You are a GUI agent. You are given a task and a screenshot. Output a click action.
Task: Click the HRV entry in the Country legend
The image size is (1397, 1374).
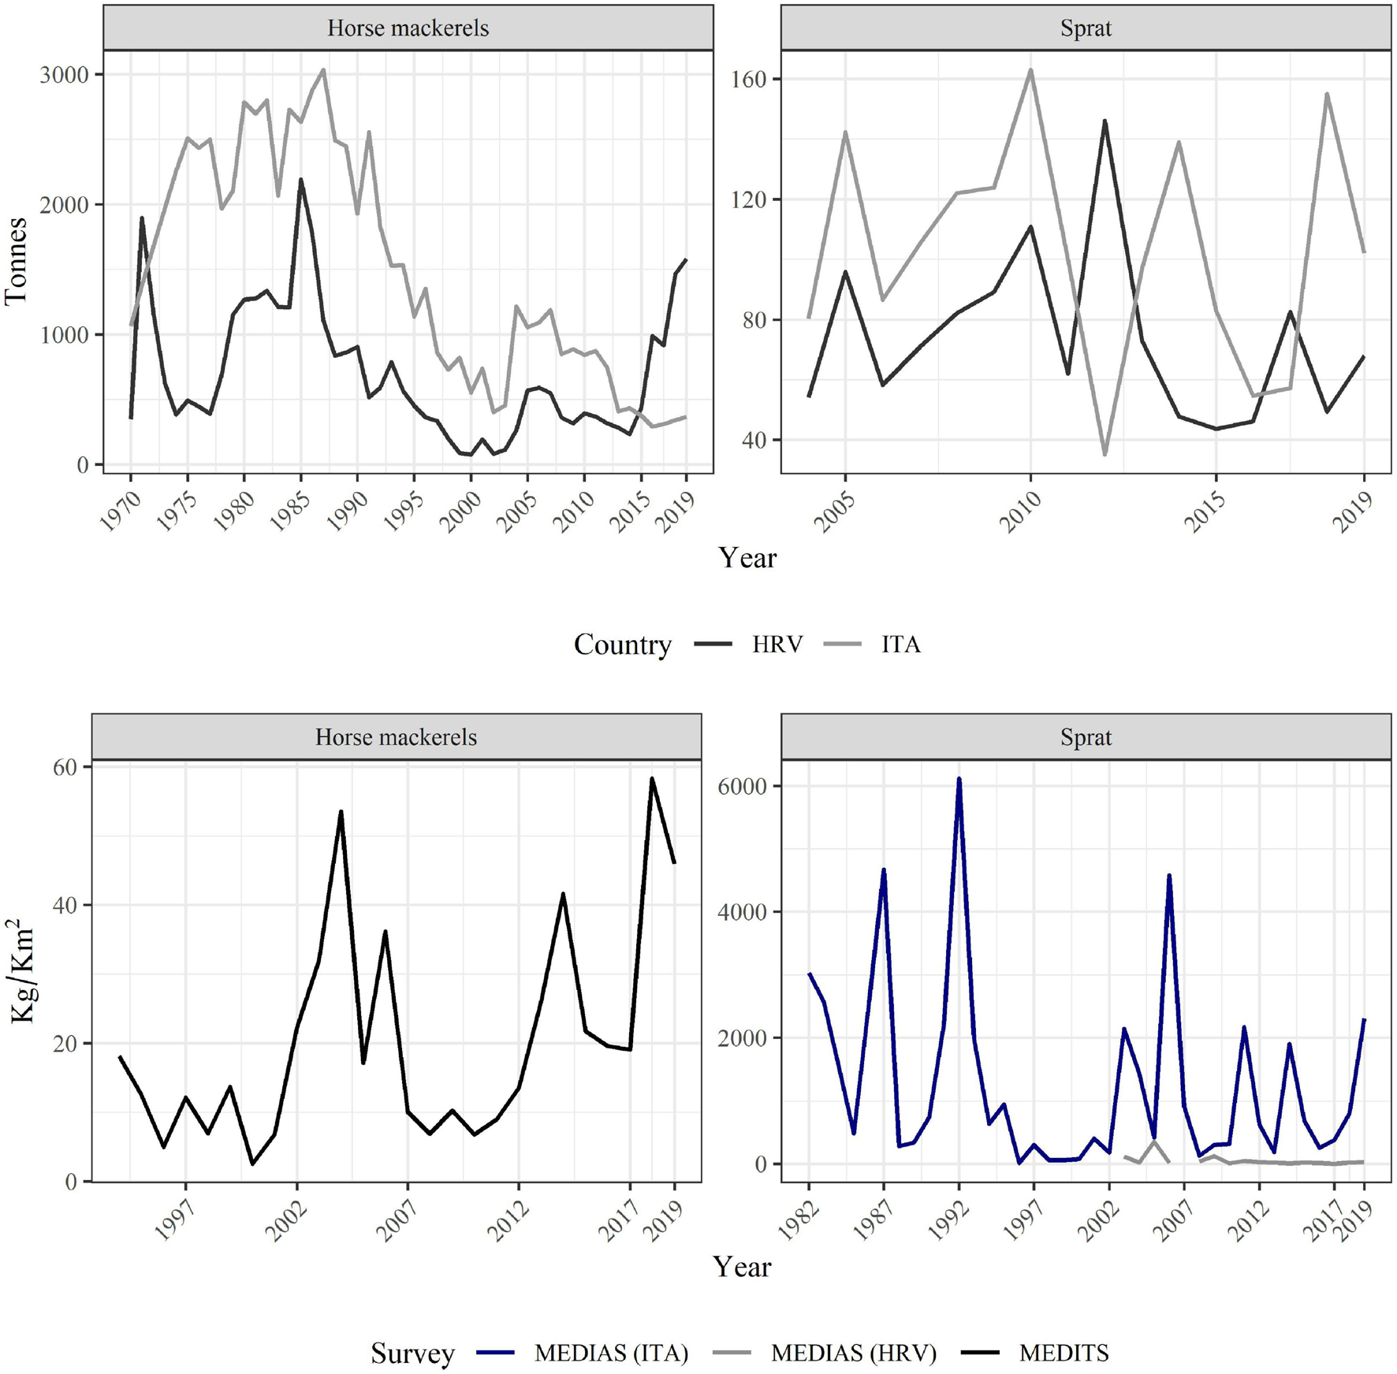click(x=777, y=645)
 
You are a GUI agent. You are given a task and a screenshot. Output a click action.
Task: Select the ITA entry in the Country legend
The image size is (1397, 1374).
click(x=900, y=645)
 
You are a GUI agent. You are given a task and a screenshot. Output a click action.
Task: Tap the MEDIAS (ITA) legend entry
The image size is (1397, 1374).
click(x=611, y=1353)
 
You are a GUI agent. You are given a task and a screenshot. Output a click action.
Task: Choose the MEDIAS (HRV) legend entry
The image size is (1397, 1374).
click(x=853, y=1353)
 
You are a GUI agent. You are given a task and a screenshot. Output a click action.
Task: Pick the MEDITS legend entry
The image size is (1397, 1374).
click(x=1064, y=1353)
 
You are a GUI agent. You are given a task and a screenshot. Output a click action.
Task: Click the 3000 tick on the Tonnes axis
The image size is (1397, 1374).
click(x=64, y=75)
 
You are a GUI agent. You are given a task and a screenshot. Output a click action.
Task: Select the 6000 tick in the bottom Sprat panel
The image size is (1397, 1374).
click(x=743, y=786)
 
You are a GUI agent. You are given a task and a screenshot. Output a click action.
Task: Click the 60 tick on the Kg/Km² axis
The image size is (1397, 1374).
click(x=65, y=767)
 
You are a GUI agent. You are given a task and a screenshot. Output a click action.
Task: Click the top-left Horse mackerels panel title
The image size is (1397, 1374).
click(x=408, y=28)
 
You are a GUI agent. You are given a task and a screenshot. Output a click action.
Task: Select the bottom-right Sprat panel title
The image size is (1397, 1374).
click(x=1086, y=737)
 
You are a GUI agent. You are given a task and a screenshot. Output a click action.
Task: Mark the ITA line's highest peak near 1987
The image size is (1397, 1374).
click(x=323, y=70)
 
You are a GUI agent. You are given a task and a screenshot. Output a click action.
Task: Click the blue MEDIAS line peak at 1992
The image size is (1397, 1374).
click(x=959, y=779)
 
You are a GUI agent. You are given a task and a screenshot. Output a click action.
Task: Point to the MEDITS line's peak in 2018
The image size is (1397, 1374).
click(x=652, y=779)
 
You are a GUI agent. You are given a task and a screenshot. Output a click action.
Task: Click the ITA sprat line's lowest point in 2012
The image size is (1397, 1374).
click(x=1105, y=454)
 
